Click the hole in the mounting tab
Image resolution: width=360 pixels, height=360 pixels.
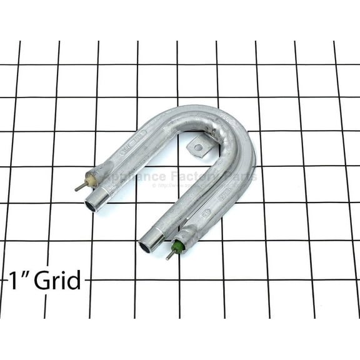click(x=198, y=148)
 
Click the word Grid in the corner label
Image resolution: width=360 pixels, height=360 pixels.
click(x=57, y=281)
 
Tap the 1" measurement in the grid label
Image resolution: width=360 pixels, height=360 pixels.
click(x=19, y=281)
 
